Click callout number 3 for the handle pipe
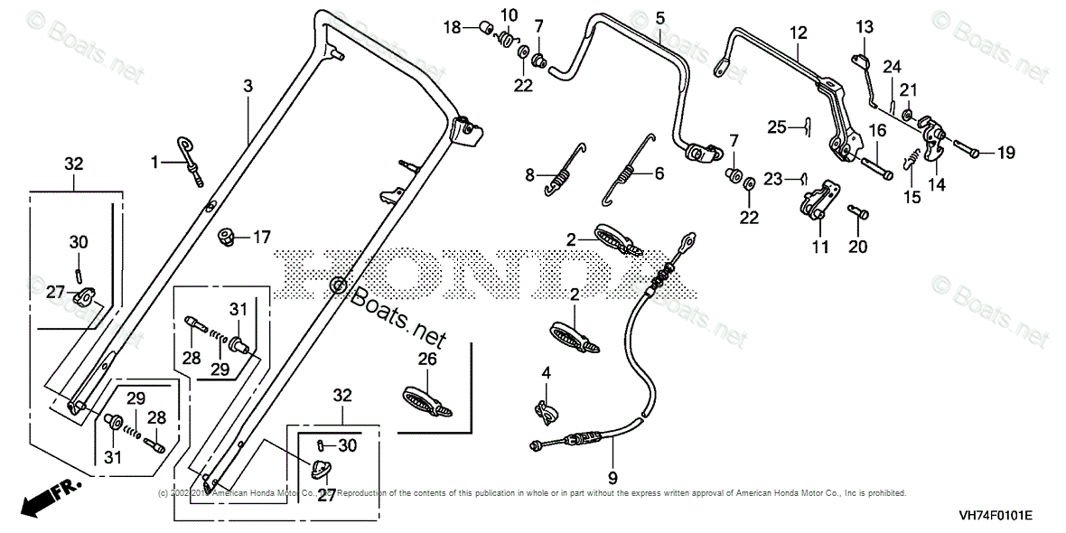(248, 86)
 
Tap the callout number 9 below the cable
(612, 478)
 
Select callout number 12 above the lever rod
(797, 33)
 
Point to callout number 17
(261, 238)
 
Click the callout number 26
(427, 359)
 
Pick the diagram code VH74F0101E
(996, 515)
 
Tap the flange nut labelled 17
(227, 238)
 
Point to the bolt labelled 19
(967, 153)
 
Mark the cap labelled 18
(483, 27)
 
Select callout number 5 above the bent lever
(659, 17)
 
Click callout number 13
(865, 25)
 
